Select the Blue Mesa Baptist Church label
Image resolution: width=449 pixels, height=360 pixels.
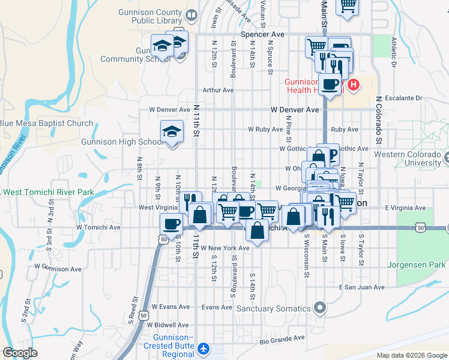(47, 124)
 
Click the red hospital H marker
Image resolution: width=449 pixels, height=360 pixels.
(354, 85)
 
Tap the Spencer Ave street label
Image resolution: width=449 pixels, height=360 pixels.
(262, 35)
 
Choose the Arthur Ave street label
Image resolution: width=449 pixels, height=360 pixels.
(218, 90)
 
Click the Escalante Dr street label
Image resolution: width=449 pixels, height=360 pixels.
(406, 98)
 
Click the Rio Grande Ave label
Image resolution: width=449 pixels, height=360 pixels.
(280, 341)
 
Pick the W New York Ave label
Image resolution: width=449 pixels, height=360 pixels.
(225, 248)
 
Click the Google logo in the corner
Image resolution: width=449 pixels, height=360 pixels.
(21, 353)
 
